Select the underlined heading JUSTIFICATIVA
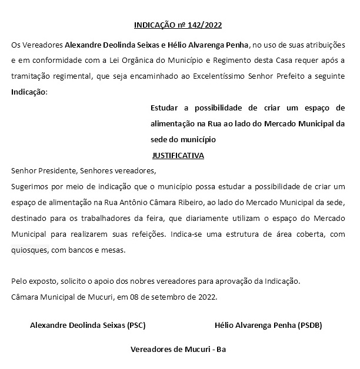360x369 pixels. click(178, 156)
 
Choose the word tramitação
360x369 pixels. click(31, 76)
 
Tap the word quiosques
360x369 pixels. click(28, 250)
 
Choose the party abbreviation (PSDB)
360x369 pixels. click(309, 324)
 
